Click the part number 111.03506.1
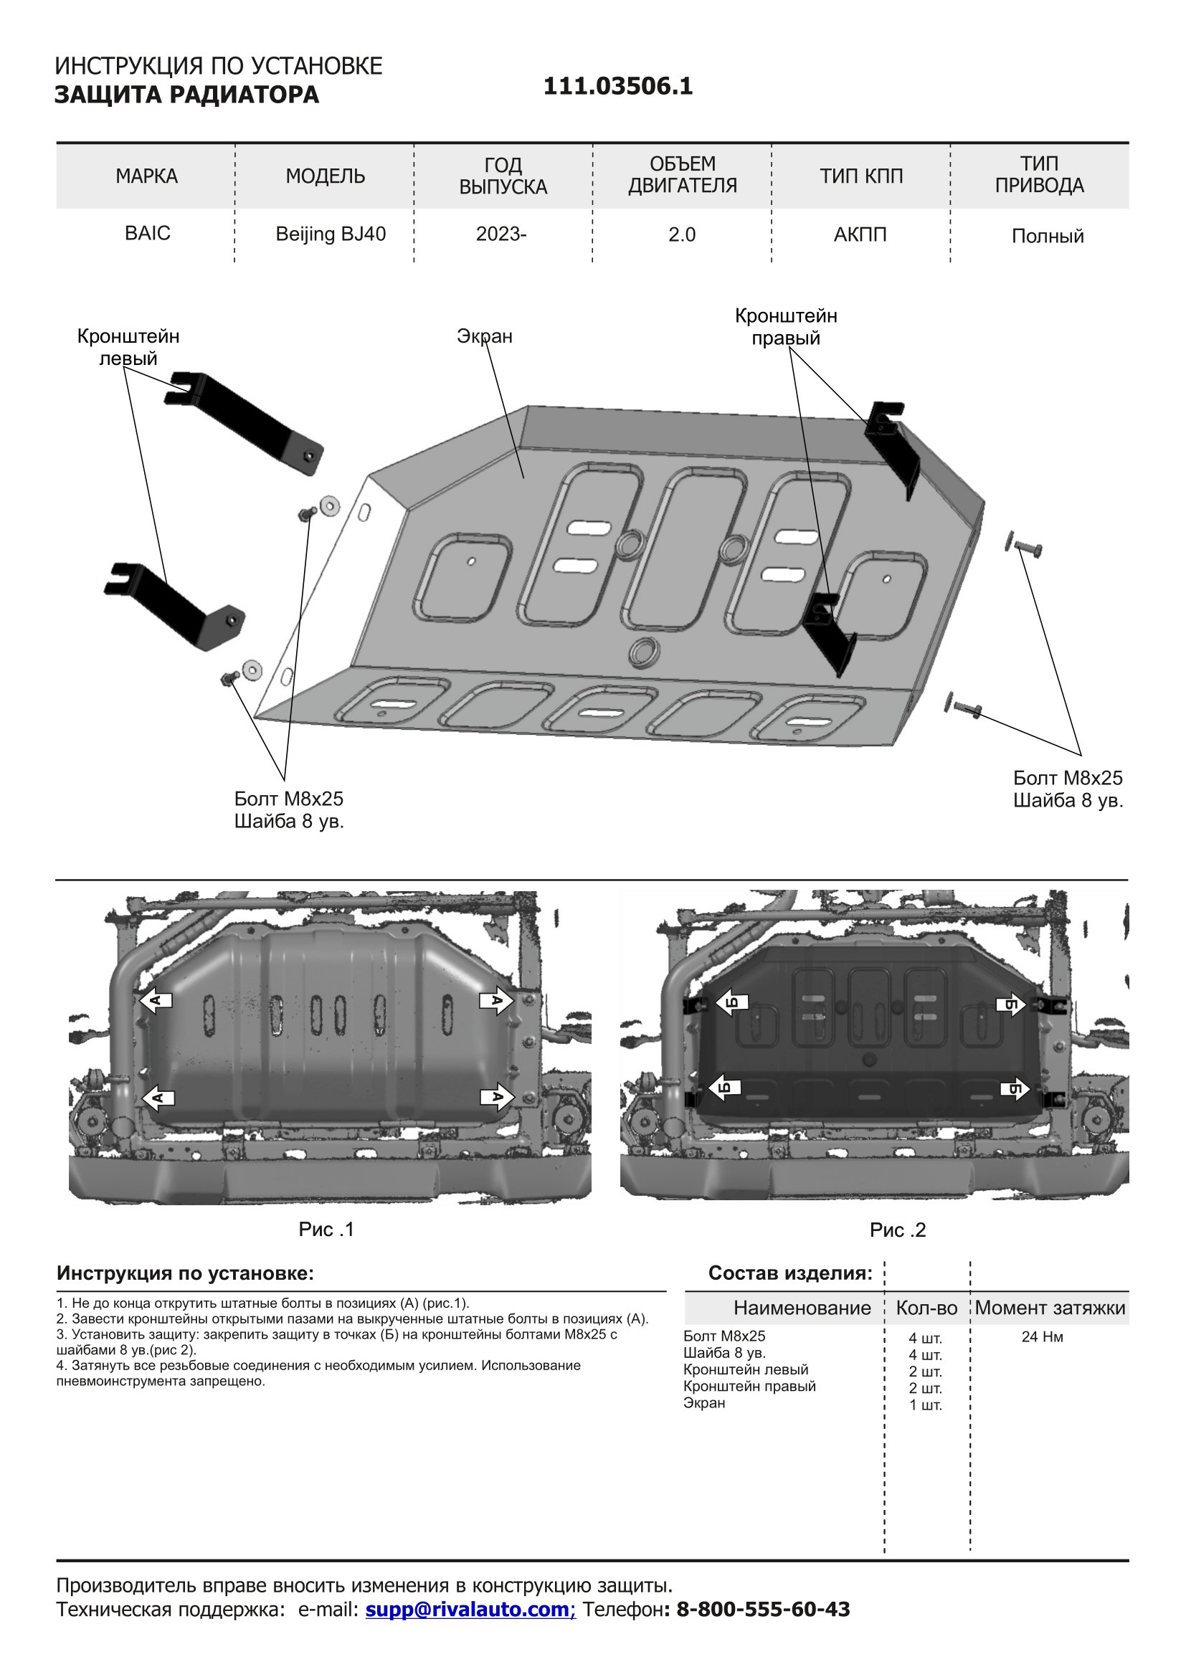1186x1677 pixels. pyautogui.click(x=617, y=87)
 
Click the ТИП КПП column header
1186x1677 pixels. pyautogui.click(x=861, y=176)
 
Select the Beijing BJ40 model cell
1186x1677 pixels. pyautogui.click(x=330, y=234)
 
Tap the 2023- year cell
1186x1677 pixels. pyautogui.click(x=501, y=234)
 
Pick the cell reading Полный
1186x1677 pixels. pyautogui.click(x=1046, y=236)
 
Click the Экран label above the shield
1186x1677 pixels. pyautogui.click(x=484, y=336)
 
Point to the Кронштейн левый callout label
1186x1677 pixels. pyautogui.click(x=128, y=347)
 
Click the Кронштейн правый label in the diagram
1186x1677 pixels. pyautogui.click(x=786, y=326)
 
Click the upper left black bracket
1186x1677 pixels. pyautogui.click(x=245, y=422)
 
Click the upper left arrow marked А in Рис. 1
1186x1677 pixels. pyautogui.click(x=156, y=1001)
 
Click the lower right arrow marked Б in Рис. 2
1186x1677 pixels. pyautogui.click(x=1015, y=1090)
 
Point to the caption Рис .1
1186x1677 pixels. pyautogui.click(x=326, y=1230)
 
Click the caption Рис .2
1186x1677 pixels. pyautogui.click(x=897, y=1230)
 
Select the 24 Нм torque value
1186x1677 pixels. pyautogui.click(x=1041, y=1336)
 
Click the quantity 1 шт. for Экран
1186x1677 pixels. pyautogui.click(x=925, y=1405)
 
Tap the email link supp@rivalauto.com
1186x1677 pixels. pyautogui.click(x=470, y=1609)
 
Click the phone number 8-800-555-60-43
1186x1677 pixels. pyautogui.click(x=762, y=1609)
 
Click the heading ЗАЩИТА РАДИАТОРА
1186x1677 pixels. pyautogui.click(x=186, y=95)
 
